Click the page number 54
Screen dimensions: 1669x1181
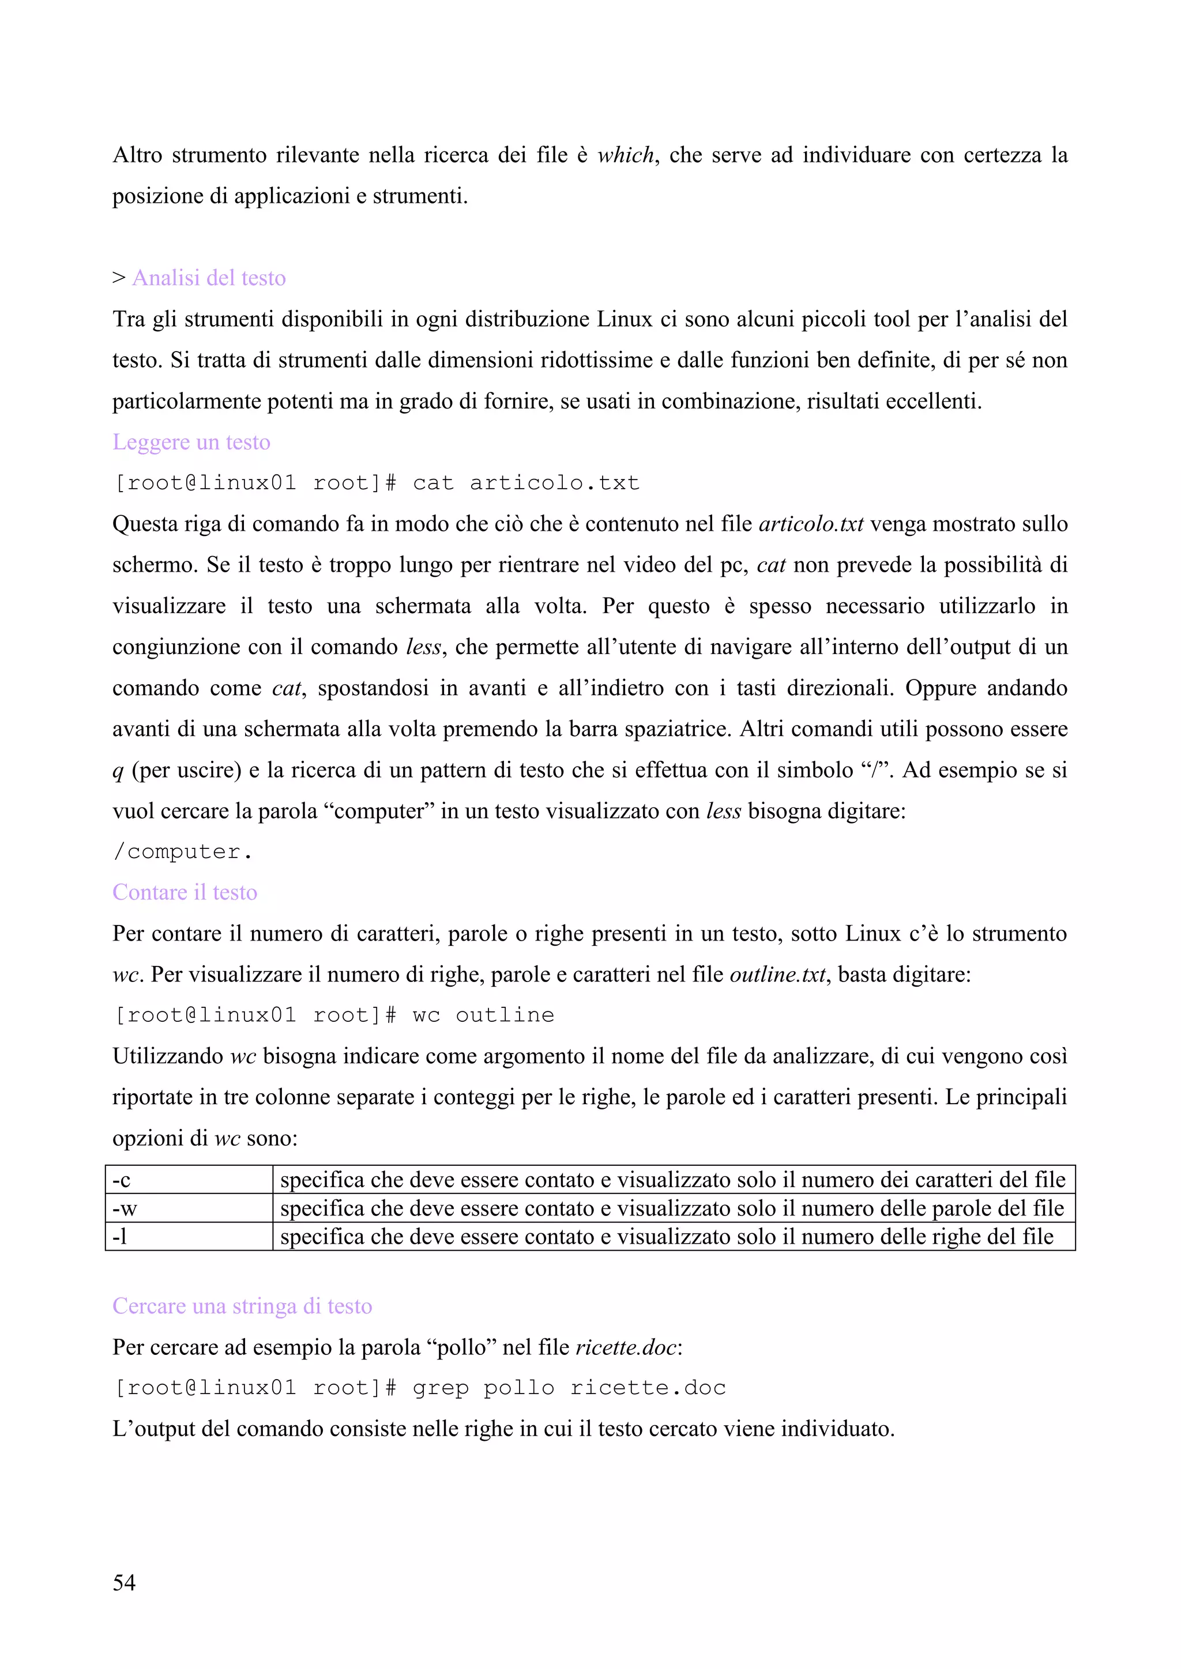pos(123,1582)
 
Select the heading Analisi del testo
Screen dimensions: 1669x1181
pos(209,278)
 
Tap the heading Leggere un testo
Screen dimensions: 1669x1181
pos(191,442)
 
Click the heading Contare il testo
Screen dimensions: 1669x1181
pos(185,892)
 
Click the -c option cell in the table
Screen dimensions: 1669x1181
pos(189,1179)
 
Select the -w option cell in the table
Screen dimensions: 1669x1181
pos(189,1207)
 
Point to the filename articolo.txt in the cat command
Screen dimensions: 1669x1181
pos(554,483)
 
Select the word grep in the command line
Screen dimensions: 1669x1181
pos(441,1388)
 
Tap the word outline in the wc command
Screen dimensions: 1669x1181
pos(505,1015)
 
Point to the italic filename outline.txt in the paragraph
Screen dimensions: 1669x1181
pos(777,974)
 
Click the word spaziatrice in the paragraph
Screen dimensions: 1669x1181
pos(674,728)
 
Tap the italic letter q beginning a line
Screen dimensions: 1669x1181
pos(118,771)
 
